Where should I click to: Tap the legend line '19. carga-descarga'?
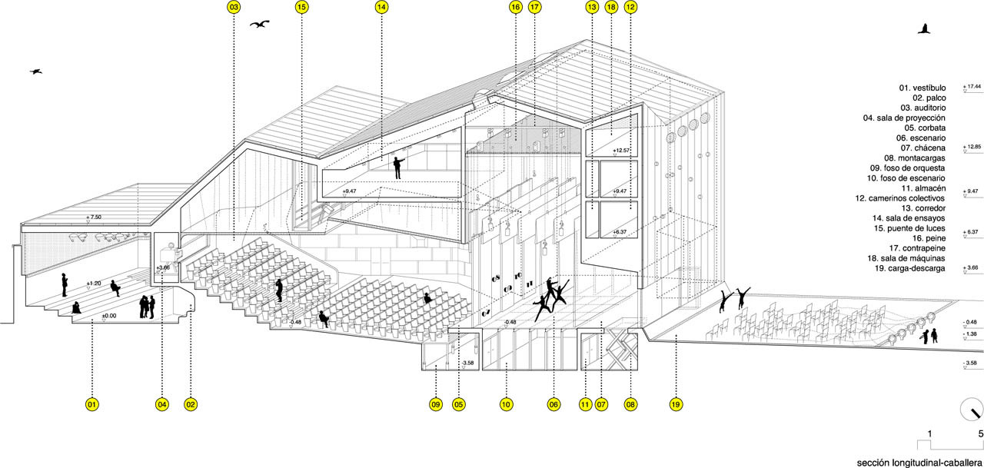(x=909, y=268)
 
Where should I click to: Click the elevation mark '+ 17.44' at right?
(x=972, y=87)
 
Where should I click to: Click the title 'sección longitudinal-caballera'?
(x=913, y=460)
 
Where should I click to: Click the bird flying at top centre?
(x=261, y=25)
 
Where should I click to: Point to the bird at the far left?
(x=36, y=71)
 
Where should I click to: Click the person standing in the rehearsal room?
(x=397, y=168)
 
